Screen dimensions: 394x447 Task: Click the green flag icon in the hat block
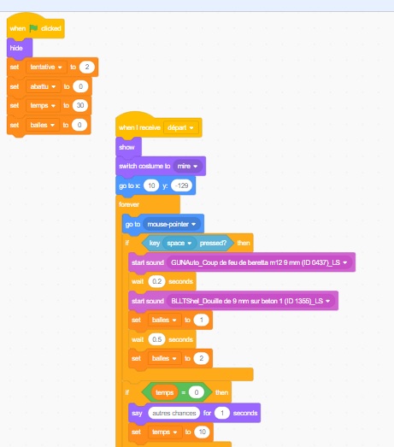point(33,28)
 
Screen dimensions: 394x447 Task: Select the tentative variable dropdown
point(46,67)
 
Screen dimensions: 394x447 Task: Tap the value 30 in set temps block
point(80,105)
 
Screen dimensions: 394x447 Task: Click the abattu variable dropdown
point(43,86)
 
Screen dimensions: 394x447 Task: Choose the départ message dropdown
point(180,127)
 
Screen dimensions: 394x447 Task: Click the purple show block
point(128,147)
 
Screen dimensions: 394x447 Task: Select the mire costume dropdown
point(187,166)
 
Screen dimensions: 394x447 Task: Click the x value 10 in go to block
point(151,185)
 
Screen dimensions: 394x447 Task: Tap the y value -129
point(181,185)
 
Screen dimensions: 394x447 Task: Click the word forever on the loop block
point(129,204)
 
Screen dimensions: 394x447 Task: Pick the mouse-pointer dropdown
point(172,225)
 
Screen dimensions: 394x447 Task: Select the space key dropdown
point(179,244)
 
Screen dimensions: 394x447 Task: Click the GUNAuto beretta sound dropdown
point(259,262)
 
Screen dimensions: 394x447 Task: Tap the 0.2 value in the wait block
point(156,282)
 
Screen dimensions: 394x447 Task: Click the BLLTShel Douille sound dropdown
point(250,301)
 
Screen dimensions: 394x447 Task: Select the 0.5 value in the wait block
point(156,339)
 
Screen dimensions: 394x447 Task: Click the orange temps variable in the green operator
point(164,392)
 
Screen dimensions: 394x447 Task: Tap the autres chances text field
point(174,413)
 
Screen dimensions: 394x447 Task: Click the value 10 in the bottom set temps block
point(203,432)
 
